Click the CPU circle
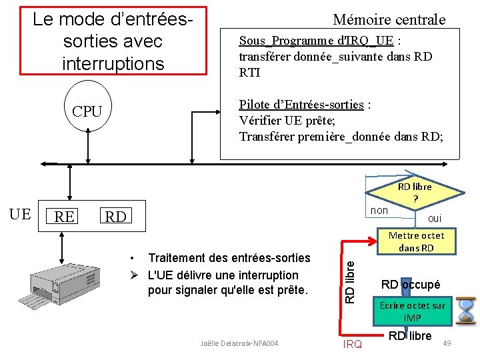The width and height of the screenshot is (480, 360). tap(87, 111)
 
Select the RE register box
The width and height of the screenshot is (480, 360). tap(64, 216)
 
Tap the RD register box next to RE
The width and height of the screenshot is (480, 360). tap(115, 216)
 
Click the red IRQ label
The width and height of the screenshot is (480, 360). tap(352, 344)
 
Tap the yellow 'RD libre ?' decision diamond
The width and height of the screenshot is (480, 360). tap(416, 193)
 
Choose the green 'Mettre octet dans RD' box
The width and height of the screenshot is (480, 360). tap(416, 241)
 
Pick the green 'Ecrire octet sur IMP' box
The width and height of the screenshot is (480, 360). tap(412, 311)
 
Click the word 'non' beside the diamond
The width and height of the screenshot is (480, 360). tap(379, 211)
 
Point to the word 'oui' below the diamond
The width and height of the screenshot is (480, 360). tap(434, 218)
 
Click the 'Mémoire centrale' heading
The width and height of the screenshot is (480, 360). tap(389, 20)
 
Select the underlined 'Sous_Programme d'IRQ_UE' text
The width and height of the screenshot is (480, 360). tap(315, 41)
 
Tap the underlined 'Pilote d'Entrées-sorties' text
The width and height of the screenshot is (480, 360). tap(302, 105)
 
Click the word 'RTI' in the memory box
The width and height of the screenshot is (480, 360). tap(249, 73)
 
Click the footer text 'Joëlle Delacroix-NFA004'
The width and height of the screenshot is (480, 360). tap(239, 343)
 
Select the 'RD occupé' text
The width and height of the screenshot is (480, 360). tap(411, 285)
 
